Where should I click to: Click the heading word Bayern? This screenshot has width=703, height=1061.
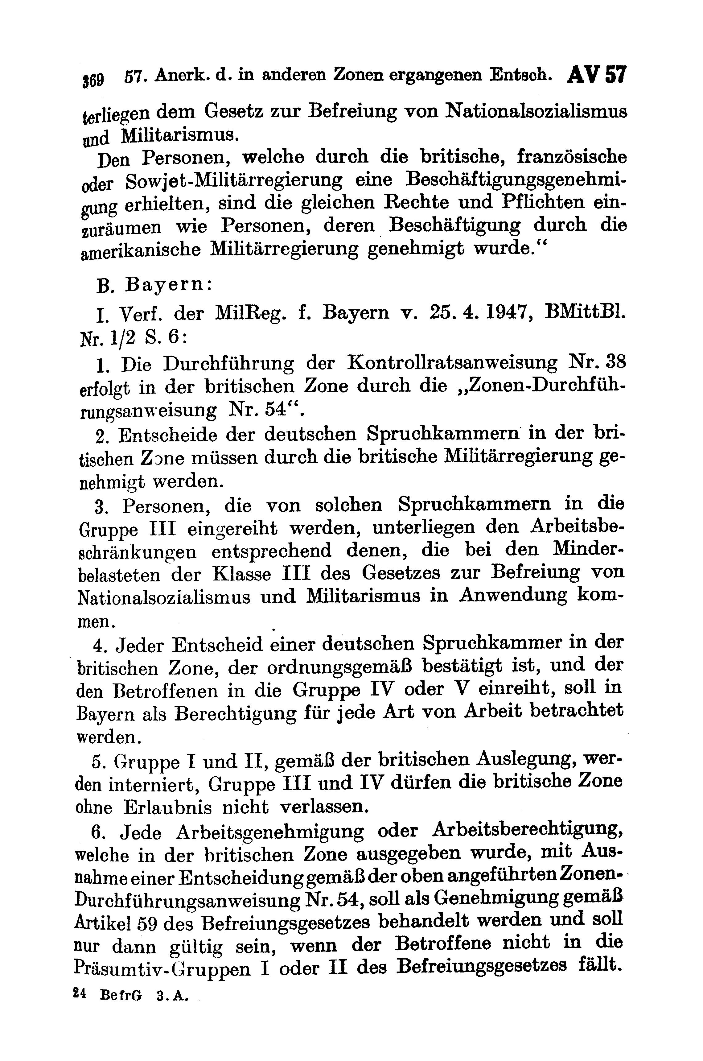pos(169,285)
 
